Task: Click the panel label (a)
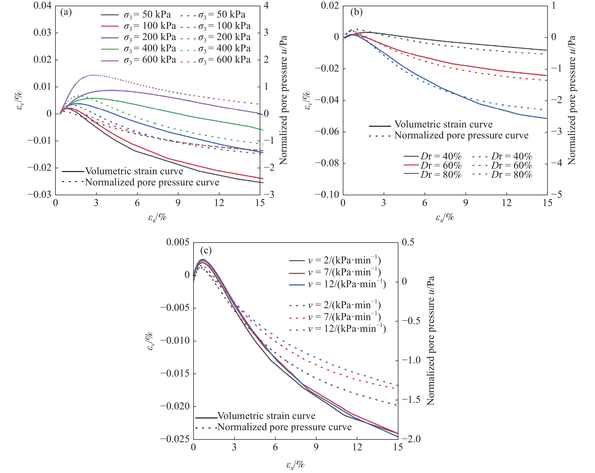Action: point(66,12)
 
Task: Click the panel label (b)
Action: point(356,12)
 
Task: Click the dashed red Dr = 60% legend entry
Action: point(502,165)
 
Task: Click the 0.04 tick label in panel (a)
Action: point(42,5)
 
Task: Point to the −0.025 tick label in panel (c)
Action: point(175,439)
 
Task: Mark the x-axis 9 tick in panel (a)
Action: point(178,203)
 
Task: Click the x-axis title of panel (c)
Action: point(295,465)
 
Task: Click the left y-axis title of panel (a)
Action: point(19,101)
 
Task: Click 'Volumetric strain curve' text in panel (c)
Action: point(266,416)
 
